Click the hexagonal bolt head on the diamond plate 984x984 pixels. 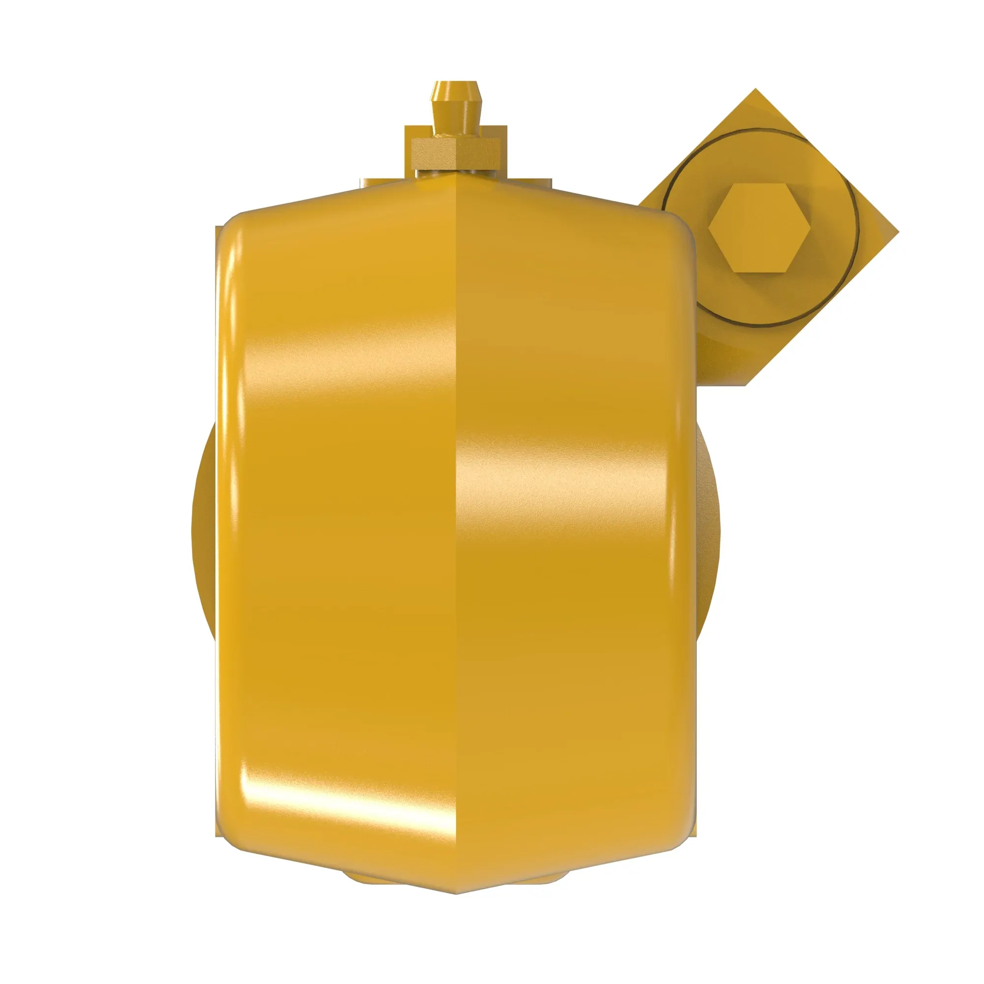(x=758, y=228)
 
